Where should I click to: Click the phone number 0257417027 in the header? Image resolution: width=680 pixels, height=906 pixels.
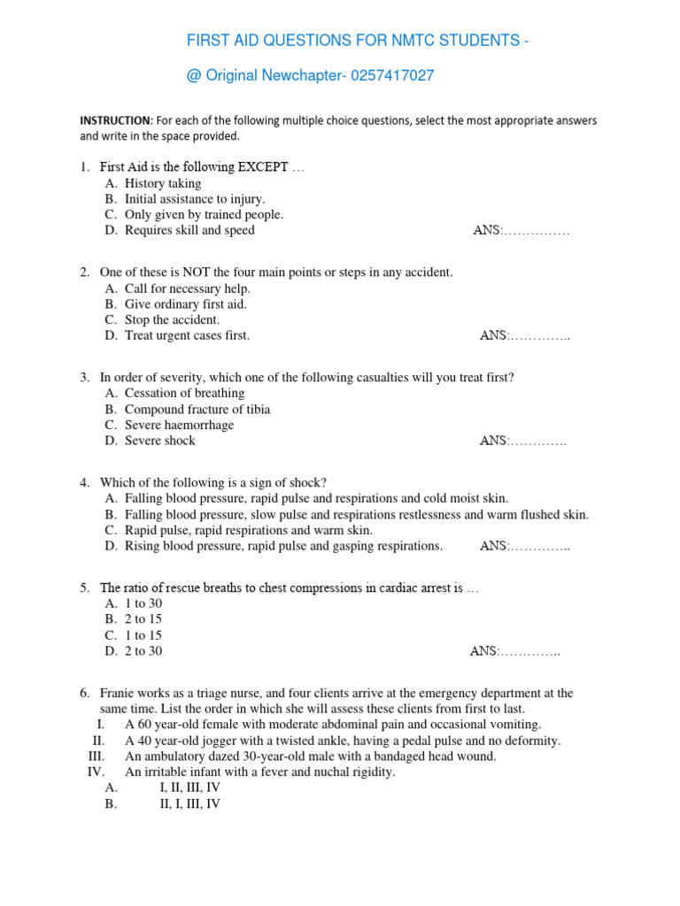coord(393,76)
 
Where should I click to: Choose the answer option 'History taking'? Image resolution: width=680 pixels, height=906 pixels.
coord(163,183)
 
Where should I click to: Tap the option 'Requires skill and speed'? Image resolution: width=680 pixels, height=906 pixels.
coord(189,230)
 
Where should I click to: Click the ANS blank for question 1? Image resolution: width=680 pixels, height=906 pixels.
coord(522,230)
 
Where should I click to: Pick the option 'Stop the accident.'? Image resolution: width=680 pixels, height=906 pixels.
coord(173,319)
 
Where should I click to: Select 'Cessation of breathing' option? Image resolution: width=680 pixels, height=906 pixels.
coord(184,393)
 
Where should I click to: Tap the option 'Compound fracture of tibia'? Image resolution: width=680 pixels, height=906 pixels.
coord(197,410)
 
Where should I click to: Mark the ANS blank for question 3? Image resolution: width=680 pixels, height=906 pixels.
coord(523,441)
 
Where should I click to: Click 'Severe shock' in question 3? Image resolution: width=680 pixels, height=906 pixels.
coord(160,441)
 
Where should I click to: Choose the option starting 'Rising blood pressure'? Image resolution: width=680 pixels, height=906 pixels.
coord(283,546)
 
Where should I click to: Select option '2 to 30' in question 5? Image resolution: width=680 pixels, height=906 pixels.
coord(143,651)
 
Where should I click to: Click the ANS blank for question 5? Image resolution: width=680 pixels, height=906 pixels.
coord(515,651)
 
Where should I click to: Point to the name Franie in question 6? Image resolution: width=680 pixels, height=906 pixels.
coord(119,694)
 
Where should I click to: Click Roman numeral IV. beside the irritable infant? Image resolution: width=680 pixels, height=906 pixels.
coord(96,772)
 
